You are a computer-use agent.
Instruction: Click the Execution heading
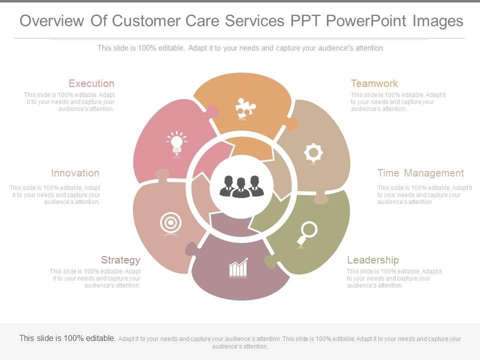tap(91, 83)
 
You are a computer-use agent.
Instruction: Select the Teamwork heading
tap(374, 83)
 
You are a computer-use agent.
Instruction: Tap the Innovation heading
tap(75, 173)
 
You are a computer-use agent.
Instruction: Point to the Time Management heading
tap(420, 173)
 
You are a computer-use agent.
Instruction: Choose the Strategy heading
tap(120, 260)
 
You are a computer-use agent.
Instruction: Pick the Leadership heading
tap(373, 260)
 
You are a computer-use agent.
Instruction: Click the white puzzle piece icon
tap(245, 108)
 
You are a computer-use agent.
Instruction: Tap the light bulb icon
tap(176, 143)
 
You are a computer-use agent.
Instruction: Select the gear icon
tap(313, 153)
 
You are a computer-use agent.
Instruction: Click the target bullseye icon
tap(170, 223)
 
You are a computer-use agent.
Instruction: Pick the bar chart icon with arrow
tap(238, 268)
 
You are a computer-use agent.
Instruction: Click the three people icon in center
tap(241, 186)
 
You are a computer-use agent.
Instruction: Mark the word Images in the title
tap(437, 21)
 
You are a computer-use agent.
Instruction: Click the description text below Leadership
tap(394, 278)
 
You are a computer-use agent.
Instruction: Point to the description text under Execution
tap(70, 101)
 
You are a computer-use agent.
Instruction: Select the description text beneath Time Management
tap(424, 195)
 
